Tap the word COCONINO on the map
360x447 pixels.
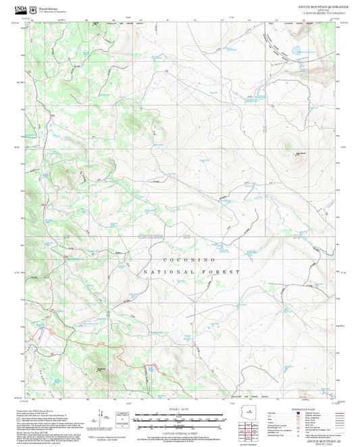(190, 259)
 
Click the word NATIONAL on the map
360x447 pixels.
(163, 271)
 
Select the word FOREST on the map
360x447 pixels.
(224, 271)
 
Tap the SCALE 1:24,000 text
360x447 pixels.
(180, 409)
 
